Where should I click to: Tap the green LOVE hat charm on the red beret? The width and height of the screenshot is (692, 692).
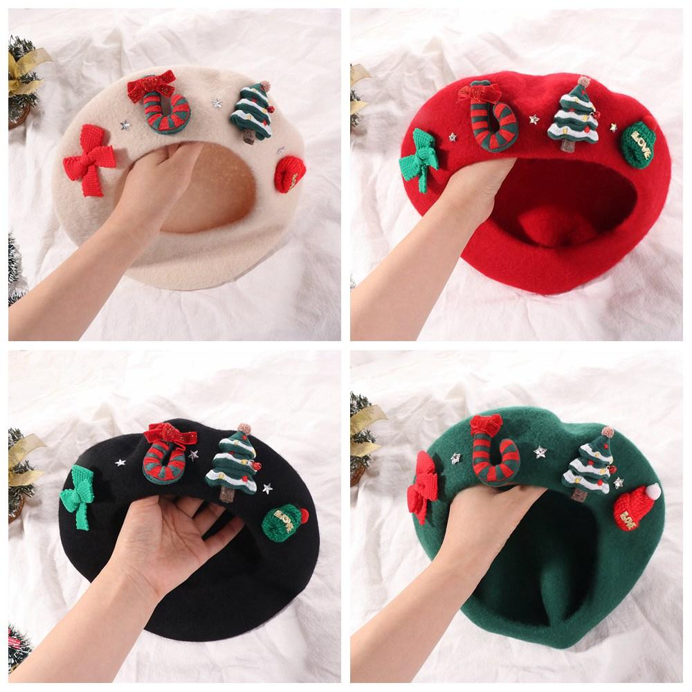tap(639, 143)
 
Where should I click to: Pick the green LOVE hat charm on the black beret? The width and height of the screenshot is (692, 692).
tap(284, 522)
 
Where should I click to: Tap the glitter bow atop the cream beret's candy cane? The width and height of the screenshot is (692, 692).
tap(150, 86)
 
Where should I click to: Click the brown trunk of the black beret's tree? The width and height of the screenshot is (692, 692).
tap(226, 493)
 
